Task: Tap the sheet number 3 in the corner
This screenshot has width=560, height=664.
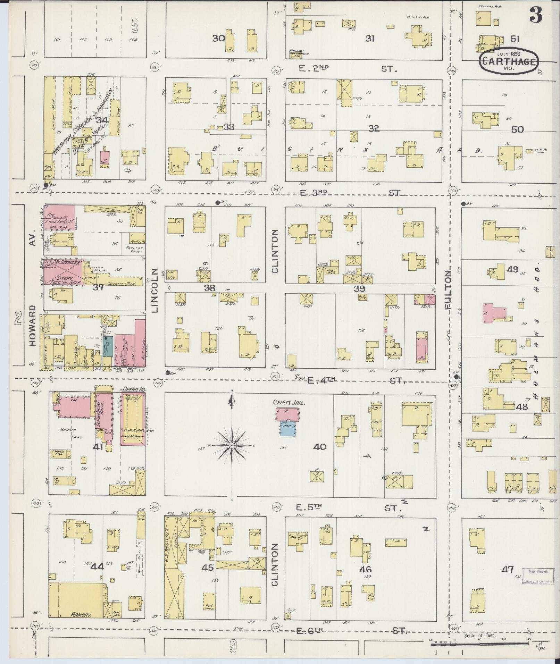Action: (x=536, y=15)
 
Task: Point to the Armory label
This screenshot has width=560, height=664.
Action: (x=81, y=614)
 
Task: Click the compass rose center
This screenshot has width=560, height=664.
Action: (x=231, y=445)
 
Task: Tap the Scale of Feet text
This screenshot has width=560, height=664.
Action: (x=479, y=636)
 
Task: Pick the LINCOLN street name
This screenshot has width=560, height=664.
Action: (x=155, y=290)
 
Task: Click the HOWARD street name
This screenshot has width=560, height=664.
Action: (x=33, y=325)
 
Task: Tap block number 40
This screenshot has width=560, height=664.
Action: (x=319, y=446)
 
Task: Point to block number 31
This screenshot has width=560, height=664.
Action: (x=370, y=39)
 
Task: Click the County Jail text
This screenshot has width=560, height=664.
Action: (x=288, y=403)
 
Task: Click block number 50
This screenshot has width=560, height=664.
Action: (x=517, y=129)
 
